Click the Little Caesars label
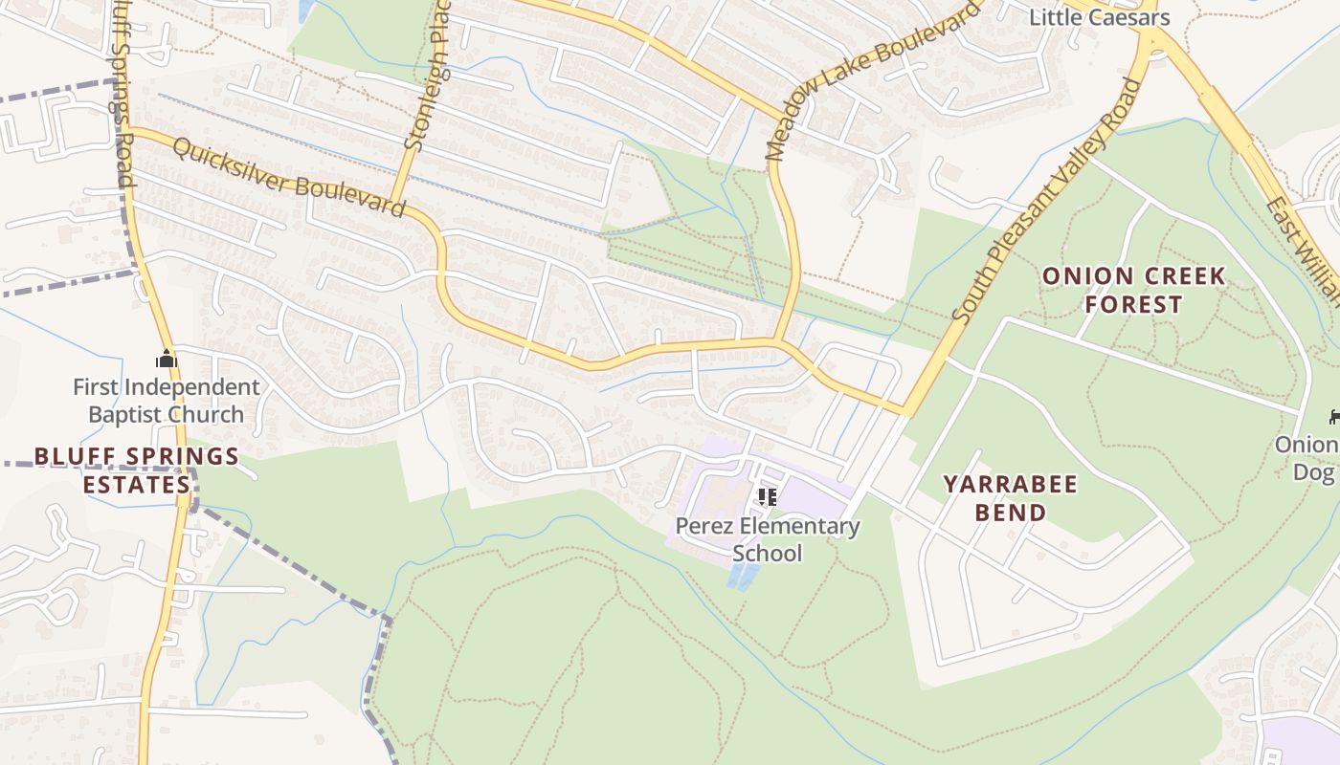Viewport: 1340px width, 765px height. (1099, 17)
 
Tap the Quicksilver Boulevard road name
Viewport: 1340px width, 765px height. (290, 178)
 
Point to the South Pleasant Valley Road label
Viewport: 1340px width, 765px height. (1048, 201)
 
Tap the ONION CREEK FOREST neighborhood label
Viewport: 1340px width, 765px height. (1133, 291)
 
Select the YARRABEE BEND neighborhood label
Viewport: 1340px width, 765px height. (1011, 497)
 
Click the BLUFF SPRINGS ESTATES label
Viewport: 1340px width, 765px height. (136, 470)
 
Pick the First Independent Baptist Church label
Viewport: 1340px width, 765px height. (167, 401)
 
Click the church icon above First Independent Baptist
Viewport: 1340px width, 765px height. (167, 360)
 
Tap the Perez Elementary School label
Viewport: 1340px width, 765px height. (768, 539)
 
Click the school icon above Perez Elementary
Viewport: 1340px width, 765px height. (767, 496)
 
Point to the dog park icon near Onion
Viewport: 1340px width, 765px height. (1333, 416)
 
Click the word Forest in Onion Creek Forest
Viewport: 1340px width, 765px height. (1133, 305)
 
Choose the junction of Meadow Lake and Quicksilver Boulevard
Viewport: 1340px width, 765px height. (779, 340)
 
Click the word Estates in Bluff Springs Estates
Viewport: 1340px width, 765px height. (136, 484)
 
